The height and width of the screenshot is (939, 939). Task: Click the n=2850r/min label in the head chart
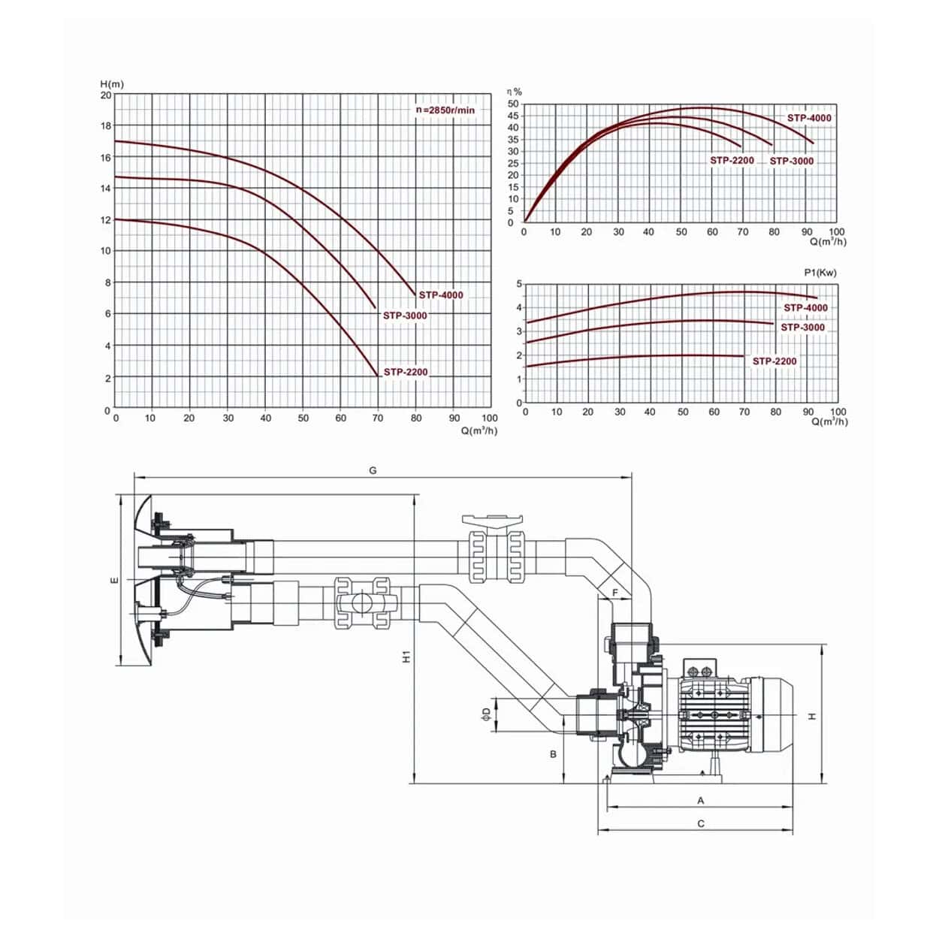click(445, 110)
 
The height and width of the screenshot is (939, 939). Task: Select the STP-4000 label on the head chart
click(441, 295)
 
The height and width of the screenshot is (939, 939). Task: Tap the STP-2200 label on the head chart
click(406, 372)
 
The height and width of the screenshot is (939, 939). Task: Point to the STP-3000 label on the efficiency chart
click(792, 161)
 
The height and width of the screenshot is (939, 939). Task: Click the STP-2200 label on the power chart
click(774, 361)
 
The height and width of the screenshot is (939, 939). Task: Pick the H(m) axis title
click(112, 83)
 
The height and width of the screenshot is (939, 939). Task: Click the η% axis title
click(515, 92)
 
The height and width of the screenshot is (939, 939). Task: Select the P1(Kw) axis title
click(820, 273)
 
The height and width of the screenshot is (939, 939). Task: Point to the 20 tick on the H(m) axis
click(106, 95)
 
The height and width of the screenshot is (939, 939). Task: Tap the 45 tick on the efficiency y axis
click(513, 116)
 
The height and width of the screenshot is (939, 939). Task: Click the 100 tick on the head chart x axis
click(489, 418)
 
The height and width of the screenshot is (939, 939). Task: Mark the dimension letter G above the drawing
click(373, 471)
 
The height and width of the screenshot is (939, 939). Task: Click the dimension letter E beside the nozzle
click(113, 579)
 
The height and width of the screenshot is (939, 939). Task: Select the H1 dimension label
click(406, 656)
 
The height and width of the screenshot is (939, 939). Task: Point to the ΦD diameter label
click(486, 713)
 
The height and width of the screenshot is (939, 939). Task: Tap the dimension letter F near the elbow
click(615, 593)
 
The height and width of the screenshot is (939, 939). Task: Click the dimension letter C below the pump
click(701, 823)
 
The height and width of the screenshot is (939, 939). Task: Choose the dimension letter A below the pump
click(701, 801)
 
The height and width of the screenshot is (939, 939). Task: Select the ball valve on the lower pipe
click(361, 603)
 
